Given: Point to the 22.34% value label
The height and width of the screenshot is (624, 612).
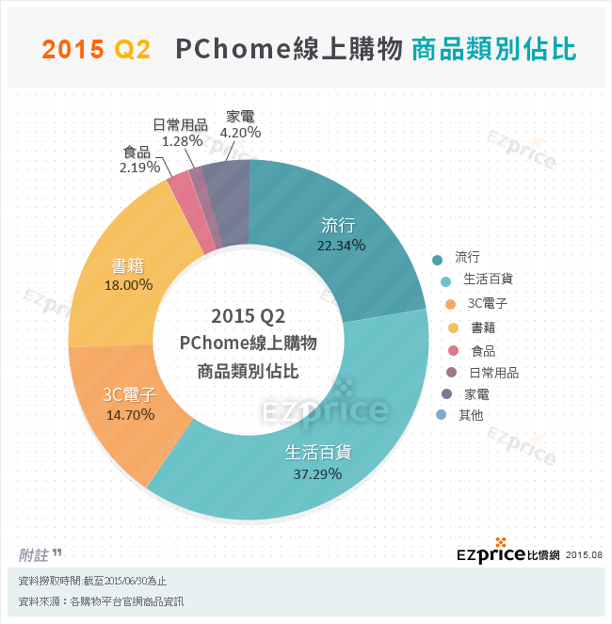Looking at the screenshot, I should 342,245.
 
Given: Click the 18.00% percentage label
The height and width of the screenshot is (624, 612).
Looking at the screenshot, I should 130,284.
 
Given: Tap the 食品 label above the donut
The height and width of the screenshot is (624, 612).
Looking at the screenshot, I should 137,152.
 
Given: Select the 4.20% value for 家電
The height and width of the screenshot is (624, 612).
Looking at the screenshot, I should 240,133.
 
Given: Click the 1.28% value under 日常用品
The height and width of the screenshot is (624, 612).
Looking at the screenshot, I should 182,140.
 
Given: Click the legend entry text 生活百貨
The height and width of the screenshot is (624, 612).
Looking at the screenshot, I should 488,280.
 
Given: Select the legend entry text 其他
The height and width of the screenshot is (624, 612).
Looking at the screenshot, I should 471,415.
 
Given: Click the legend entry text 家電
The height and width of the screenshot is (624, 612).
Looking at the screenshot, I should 471,393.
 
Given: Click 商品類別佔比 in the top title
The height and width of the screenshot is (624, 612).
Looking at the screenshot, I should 493,50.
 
